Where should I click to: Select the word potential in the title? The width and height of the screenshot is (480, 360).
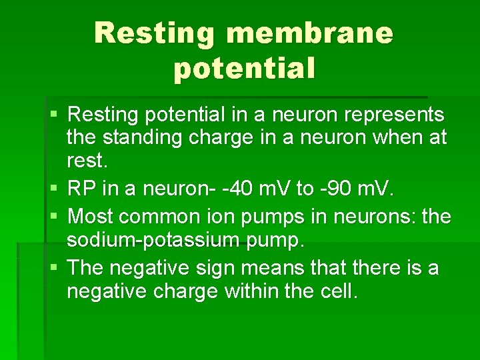244,69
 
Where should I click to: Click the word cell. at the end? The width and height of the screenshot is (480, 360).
339,291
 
